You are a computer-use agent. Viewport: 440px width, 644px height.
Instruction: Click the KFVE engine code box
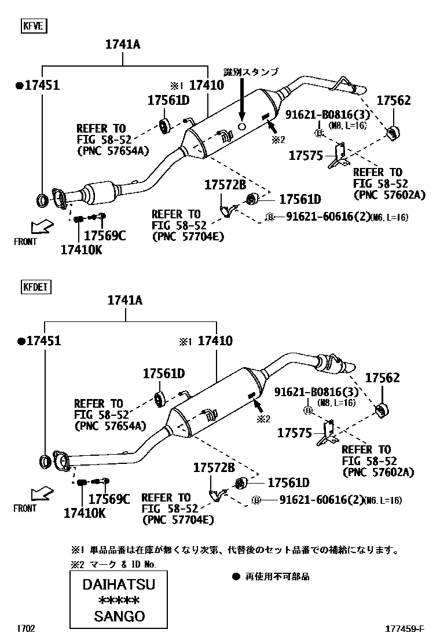point(34,25)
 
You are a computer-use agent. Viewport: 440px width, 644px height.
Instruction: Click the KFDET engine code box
point(36,286)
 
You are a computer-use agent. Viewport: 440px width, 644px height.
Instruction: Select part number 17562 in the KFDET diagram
point(382,378)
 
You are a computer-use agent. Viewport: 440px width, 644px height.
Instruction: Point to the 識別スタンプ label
point(251,72)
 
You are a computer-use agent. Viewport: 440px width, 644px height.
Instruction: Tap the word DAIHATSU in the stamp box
point(118,584)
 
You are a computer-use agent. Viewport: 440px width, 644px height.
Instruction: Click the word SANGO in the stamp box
point(119,616)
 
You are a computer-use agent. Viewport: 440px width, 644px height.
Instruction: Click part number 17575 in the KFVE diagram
point(306,155)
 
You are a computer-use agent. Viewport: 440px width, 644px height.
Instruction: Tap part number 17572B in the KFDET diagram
point(214,467)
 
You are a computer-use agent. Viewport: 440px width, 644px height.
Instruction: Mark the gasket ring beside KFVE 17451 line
point(42,200)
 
